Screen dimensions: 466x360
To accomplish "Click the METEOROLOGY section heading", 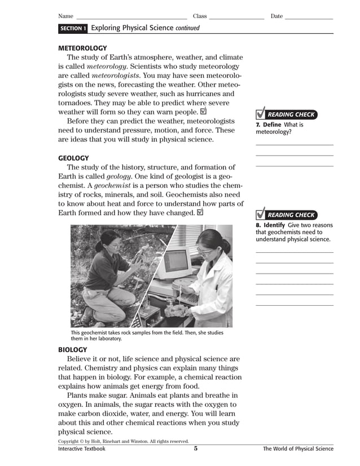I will pos(82,48).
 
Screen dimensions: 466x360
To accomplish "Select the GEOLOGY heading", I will pos(73,158).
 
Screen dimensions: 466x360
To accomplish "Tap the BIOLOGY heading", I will pos(73,350).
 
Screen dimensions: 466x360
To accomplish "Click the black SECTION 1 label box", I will pos(73,28).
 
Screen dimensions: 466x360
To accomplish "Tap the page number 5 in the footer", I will pos(196,449).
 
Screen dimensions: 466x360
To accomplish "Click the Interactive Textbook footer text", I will pos(82,449).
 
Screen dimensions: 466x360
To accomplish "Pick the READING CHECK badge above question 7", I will pos(286,115).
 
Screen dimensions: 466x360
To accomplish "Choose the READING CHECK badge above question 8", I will pos(286,215).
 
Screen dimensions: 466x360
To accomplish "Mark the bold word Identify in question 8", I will pos(275,225).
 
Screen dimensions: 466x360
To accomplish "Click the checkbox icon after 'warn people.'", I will pos(203,112).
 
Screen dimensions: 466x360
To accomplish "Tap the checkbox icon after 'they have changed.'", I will pos(200,213).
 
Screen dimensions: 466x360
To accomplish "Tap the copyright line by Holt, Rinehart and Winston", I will pos(123,441).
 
